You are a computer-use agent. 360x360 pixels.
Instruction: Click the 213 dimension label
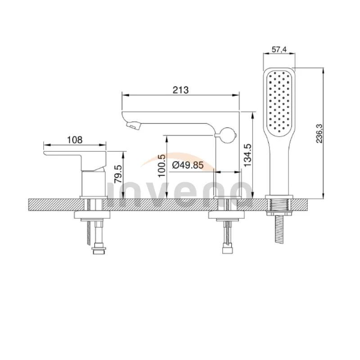[180, 90]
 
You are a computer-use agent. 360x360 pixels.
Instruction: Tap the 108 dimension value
[75, 139]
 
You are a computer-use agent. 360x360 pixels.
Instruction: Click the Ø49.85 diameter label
[187, 165]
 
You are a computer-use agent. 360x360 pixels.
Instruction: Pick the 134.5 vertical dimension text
[247, 155]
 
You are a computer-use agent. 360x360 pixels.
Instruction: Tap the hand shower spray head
[279, 101]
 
